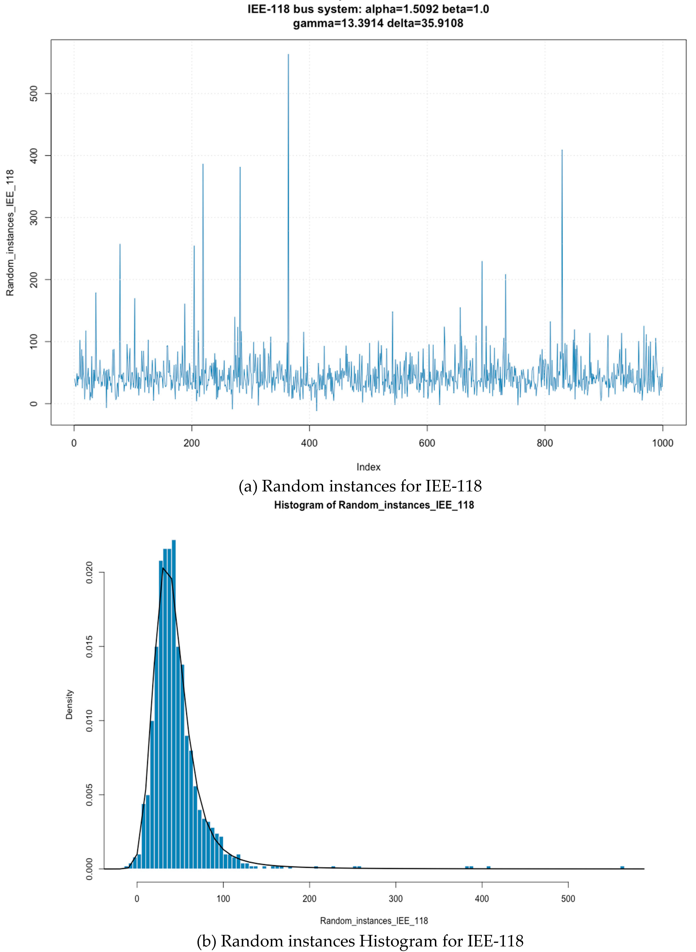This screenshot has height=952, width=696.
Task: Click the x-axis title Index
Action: pyautogui.click(x=368, y=467)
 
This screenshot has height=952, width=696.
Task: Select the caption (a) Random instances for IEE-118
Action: pyautogui.click(x=360, y=486)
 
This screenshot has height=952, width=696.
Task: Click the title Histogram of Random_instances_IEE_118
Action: pyautogui.click(x=374, y=505)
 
